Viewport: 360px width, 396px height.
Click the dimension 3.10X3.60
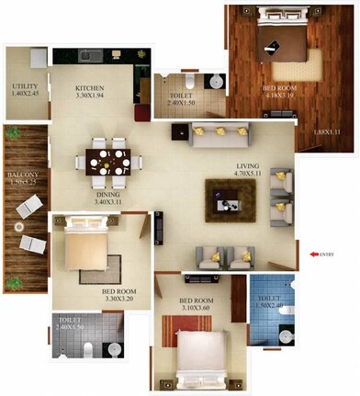tap(197, 311)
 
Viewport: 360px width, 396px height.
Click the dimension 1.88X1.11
tap(326, 134)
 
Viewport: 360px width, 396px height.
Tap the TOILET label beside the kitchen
tap(183, 96)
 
